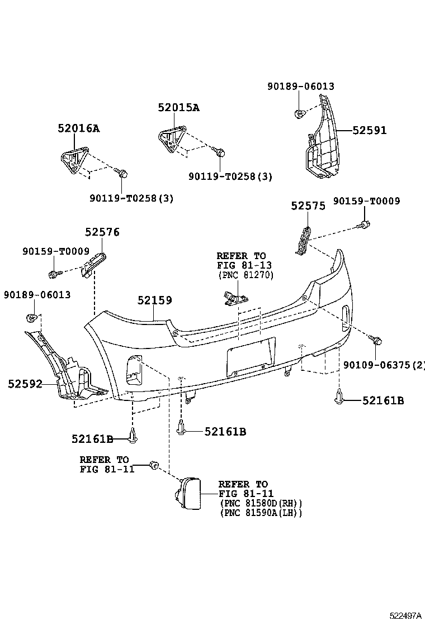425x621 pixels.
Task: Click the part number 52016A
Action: click(78, 128)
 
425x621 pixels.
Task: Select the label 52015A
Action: click(178, 108)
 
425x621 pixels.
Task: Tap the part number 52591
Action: click(369, 131)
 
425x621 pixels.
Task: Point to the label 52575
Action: click(308, 206)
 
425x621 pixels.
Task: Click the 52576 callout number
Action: click(102, 232)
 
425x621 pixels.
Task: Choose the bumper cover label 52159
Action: click(154, 300)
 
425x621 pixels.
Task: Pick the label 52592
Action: click(25, 384)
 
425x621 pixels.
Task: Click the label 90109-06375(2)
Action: click(384, 365)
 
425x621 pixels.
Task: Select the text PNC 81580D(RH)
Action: click(261, 503)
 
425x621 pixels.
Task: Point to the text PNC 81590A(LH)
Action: click(261, 512)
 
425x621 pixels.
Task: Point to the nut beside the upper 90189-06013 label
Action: click(299, 114)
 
